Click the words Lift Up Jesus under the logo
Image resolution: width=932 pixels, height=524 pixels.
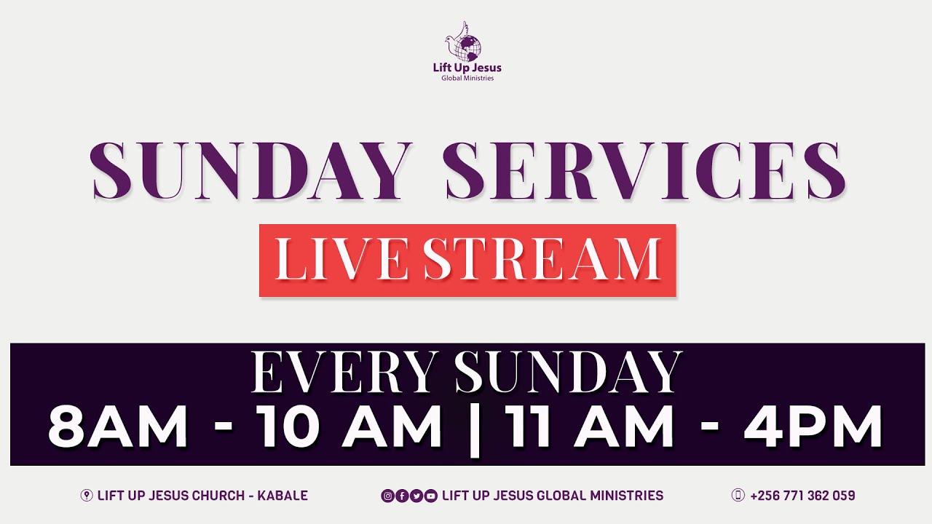click(x=467, y=68)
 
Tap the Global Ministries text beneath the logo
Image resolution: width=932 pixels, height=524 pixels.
click(x=467, y=79)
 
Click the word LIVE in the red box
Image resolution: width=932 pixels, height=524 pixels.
click(x=341, y=260)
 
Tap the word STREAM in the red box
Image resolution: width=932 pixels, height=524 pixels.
click(x=542, y=260)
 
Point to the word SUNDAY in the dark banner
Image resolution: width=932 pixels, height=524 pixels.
click(x=569, y=373)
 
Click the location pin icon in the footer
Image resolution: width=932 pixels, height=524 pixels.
click(x=87, y=496)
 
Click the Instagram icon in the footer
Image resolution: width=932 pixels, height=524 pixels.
click(x=388, y=496)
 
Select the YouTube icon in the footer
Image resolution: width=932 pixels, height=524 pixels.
click(x=430, y=496)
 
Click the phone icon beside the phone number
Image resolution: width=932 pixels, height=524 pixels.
click(x=738, y=496)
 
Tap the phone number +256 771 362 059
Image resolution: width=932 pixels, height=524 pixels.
click(x=802, y=496)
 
